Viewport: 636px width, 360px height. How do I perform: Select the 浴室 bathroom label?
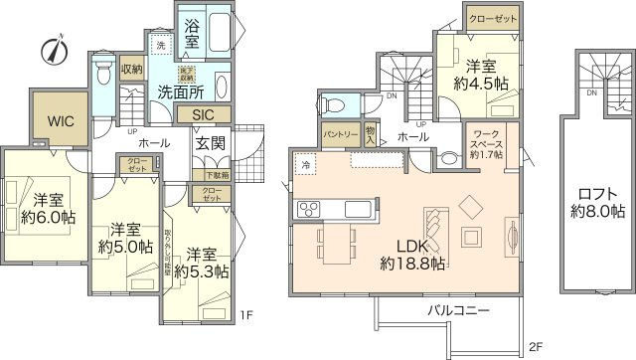193,36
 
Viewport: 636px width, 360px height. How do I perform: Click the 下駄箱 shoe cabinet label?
216,175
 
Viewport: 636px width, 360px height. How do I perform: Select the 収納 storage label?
131,70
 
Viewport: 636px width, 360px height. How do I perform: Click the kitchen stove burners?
307,208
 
